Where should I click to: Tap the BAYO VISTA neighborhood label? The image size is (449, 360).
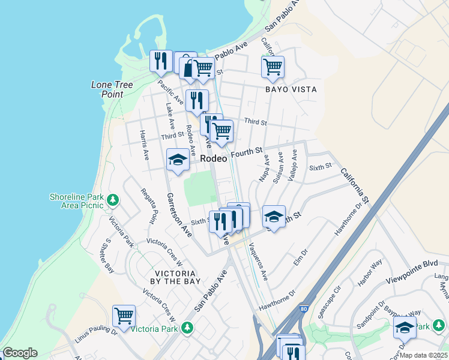[291, 89]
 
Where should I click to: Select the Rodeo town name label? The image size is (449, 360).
[214, 158]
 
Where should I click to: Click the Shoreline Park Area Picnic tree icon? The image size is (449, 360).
[112, 200]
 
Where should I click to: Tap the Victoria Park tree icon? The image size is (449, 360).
[187, 328]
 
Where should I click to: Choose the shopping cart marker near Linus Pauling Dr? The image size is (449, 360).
[124, 315]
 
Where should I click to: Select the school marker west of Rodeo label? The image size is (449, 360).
[178, 159]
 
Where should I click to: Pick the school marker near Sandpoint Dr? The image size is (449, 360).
[405, 328]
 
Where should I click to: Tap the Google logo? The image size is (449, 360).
[20, 353]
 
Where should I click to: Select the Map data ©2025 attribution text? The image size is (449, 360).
[423, 355]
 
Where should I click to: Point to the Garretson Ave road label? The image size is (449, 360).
[178, 215]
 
